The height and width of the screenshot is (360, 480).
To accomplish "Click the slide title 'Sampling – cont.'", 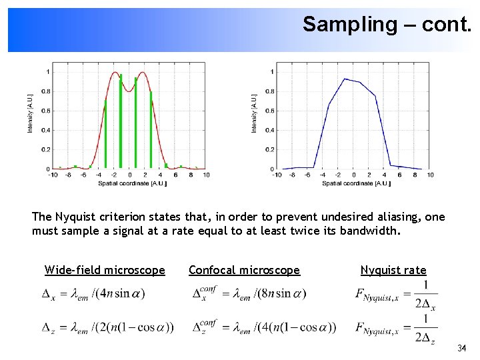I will [x=387, y=25].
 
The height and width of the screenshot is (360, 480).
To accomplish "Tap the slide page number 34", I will [x=462, y=349].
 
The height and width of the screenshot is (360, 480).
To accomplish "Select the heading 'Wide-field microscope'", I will [x=105, y=270].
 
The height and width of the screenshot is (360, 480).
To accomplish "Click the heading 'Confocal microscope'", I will [x=244, y=270].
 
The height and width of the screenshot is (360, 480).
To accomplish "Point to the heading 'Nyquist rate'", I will [x=393, y=270].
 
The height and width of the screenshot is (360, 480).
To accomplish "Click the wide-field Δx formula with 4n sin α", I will [x=93, y=293].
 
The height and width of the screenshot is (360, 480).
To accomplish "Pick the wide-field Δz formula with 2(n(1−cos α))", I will [x=107, y=327].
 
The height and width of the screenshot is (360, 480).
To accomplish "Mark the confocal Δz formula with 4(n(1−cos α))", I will [x=264, y=327].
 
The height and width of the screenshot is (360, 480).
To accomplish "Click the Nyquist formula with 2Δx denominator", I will [x=396, y=295].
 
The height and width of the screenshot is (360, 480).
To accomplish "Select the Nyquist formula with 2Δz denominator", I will [x=396, y=328].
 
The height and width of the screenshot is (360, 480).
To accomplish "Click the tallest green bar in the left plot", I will [x=121, y=120].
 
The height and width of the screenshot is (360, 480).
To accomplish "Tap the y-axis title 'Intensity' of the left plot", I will [x=30, y=113].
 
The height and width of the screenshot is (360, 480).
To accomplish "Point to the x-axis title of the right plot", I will [x=356, y=183].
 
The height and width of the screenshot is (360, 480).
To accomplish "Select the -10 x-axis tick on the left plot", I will [x=53, y=175].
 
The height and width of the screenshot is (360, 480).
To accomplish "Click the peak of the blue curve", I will [x=344, y=79].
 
